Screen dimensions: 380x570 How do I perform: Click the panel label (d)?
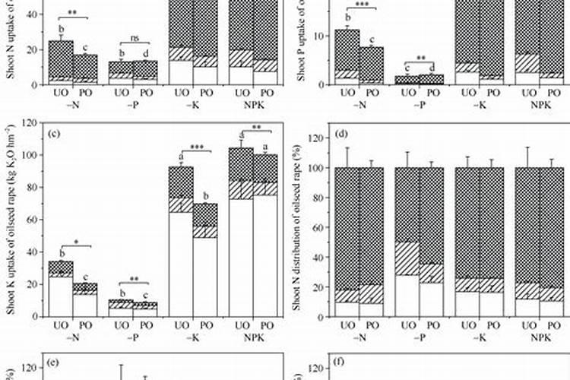[340, 135]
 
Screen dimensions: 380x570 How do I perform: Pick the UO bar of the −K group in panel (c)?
[180, 251]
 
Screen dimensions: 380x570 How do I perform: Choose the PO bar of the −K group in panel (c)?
[204, 266]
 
